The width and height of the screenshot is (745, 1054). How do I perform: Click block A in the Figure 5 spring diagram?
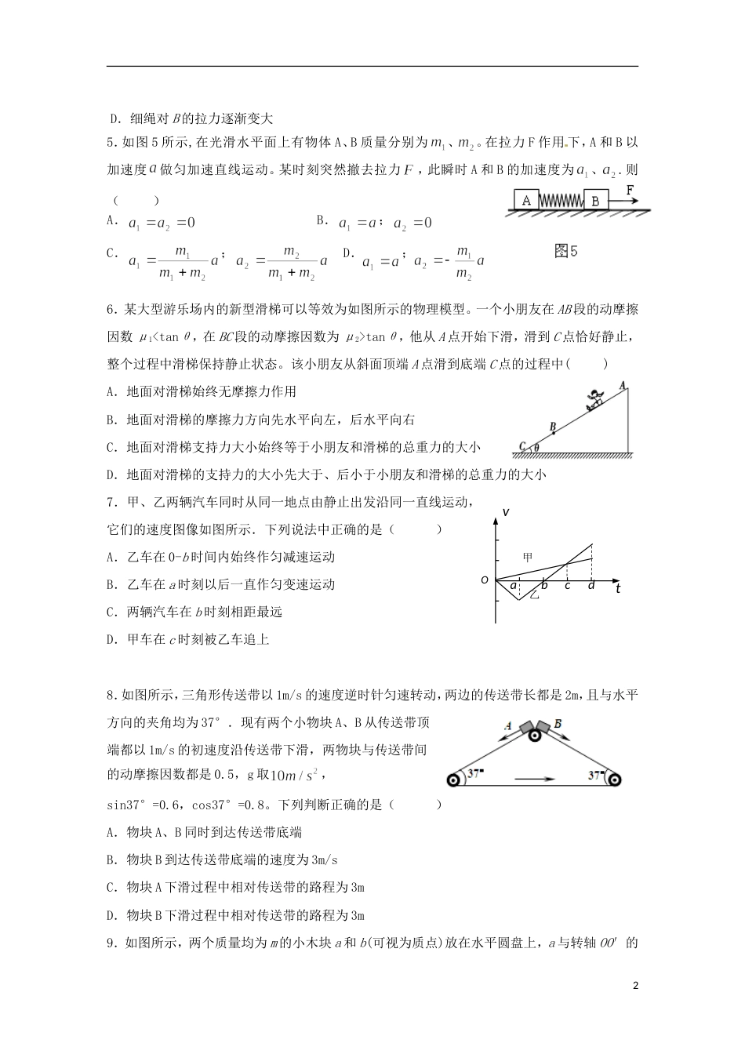pos(526,200)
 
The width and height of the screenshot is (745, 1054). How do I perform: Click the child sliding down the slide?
pos(595,399)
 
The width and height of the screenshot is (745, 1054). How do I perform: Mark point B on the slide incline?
pos(553,427)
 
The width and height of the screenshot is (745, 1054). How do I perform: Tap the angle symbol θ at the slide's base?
pos(536,448)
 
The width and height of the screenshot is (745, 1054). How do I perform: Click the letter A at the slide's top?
pos(622,385)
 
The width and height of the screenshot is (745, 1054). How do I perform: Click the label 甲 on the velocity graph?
pos(528,557)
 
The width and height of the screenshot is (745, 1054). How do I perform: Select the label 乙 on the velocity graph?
pos(535,596)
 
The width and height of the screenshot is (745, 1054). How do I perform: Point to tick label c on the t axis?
pos(567,586)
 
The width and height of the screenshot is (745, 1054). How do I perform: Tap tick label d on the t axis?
pos(591,586)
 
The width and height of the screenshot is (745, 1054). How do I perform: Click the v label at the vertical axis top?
pos(506,512)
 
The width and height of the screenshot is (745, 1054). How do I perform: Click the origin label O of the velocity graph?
pos(485,580)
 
